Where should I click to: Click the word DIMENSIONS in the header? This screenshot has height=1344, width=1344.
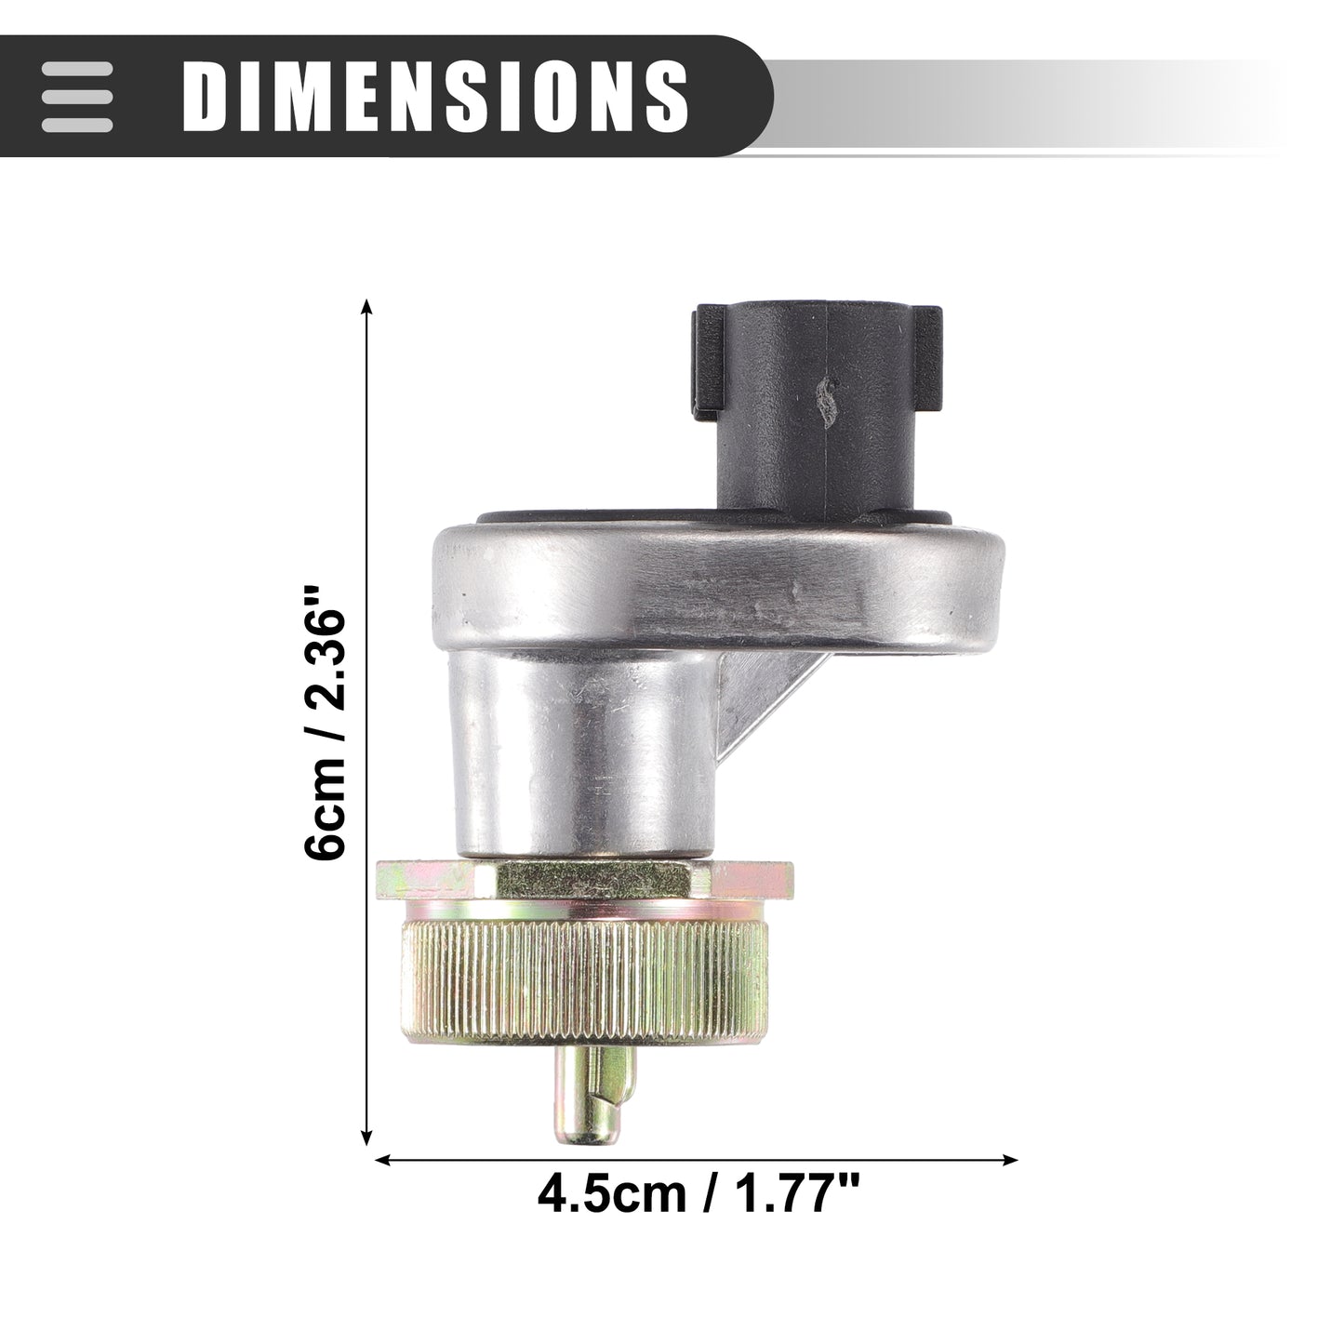tap(436, 96)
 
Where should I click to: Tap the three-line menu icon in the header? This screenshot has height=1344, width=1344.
tap(76, 96)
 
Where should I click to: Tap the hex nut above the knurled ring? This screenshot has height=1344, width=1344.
tap(584, 881)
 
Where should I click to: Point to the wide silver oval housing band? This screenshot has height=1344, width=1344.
tap(718, 590)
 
